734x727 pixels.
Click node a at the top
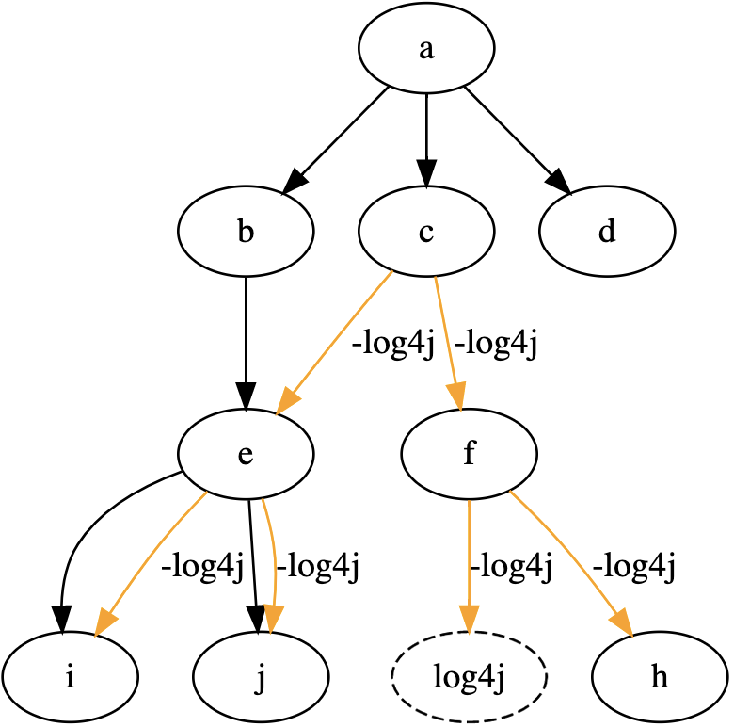coord(427,50)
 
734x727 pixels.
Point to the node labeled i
coord(71,676)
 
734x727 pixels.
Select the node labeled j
coord(261,676)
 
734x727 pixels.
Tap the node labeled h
coord(660,676)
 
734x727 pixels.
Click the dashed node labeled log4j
coord(469,676)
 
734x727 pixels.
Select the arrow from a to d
coord(514,136)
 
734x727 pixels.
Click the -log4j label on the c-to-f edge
coord(495,345)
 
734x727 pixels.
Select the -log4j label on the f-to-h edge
coord(634,567)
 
